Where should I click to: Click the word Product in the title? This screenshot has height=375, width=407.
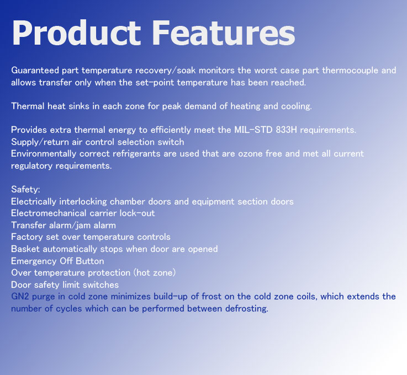click(76, 33)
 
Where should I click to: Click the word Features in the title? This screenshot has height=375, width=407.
click(223, 33)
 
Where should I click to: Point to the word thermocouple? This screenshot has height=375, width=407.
click(350, 71)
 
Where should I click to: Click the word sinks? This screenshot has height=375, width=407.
click(79, 106)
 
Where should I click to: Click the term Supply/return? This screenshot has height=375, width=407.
click(40, 142)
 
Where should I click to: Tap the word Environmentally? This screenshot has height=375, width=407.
click(44, 154)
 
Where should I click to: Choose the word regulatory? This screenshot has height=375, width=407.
click(31, 166)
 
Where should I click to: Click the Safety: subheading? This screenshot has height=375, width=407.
click(25, 190)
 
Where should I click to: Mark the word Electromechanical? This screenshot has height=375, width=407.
click(49, 213)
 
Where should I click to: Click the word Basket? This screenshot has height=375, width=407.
click(25, 249)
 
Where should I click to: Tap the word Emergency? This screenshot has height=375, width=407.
click(34, 261)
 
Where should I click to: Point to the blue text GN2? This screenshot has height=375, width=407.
click(20, 297)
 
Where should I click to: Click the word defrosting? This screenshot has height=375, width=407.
click(247, 309)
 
